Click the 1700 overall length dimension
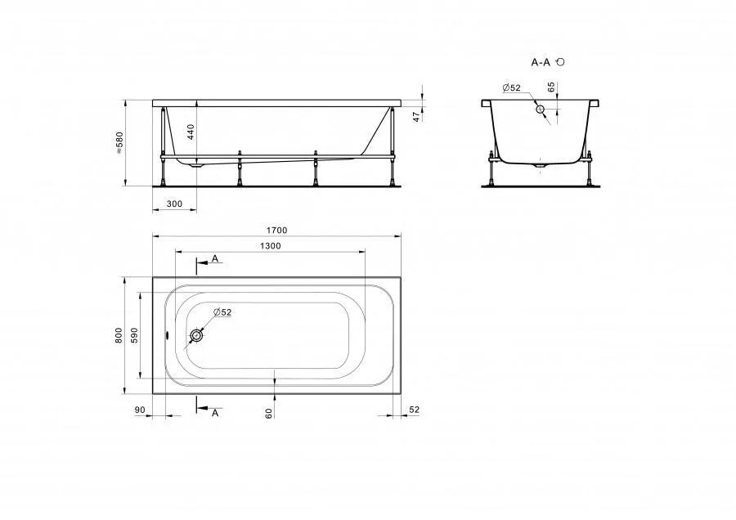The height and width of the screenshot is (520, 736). [x=276, y=231]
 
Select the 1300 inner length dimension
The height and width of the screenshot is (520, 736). [x=270, y=246]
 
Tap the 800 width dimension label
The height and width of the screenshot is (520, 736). [x=119, y=335]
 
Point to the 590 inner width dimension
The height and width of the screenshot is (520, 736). [x=135, y=335]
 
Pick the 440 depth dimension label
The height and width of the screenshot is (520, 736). [x=191, y=132]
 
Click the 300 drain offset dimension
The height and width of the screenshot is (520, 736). [x=174, y=204]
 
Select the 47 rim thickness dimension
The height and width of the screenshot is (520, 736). [x=416, y=117]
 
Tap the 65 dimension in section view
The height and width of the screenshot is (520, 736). [x=551, y=87]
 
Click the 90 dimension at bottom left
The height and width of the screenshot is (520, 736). [x=140, y=410]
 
